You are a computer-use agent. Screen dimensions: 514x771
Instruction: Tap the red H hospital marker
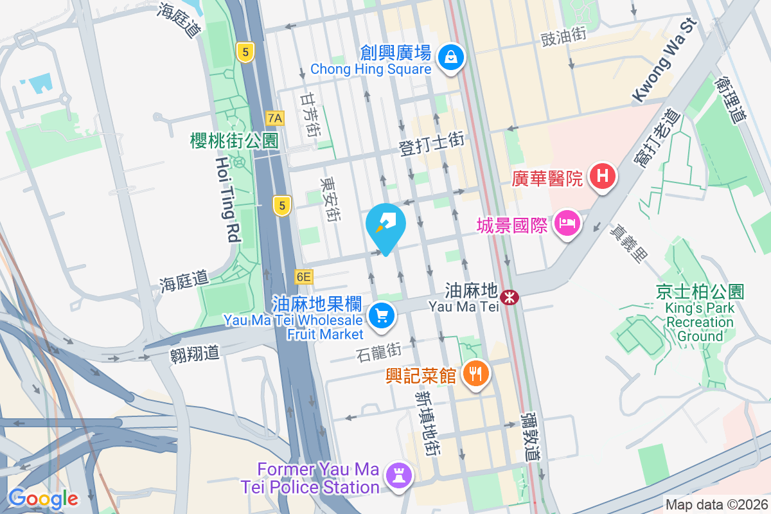point(603,175)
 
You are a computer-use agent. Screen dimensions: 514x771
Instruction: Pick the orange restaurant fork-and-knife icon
point(475,373)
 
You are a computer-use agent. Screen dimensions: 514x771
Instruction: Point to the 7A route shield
point(275,118)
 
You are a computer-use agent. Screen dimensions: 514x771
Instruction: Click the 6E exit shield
point(304,277)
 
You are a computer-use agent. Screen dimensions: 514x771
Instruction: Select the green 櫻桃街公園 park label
point(234,141)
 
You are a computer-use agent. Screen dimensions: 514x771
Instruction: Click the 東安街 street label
point(331,200)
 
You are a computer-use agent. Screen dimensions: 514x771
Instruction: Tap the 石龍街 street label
point(378,351)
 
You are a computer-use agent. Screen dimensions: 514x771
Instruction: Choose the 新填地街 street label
point(427,423)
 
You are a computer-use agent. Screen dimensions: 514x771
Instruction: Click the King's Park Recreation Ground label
point(700,314)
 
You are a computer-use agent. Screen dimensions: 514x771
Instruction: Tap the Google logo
point(43,499)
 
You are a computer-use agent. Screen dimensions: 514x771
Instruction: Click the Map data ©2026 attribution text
point(716,504)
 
